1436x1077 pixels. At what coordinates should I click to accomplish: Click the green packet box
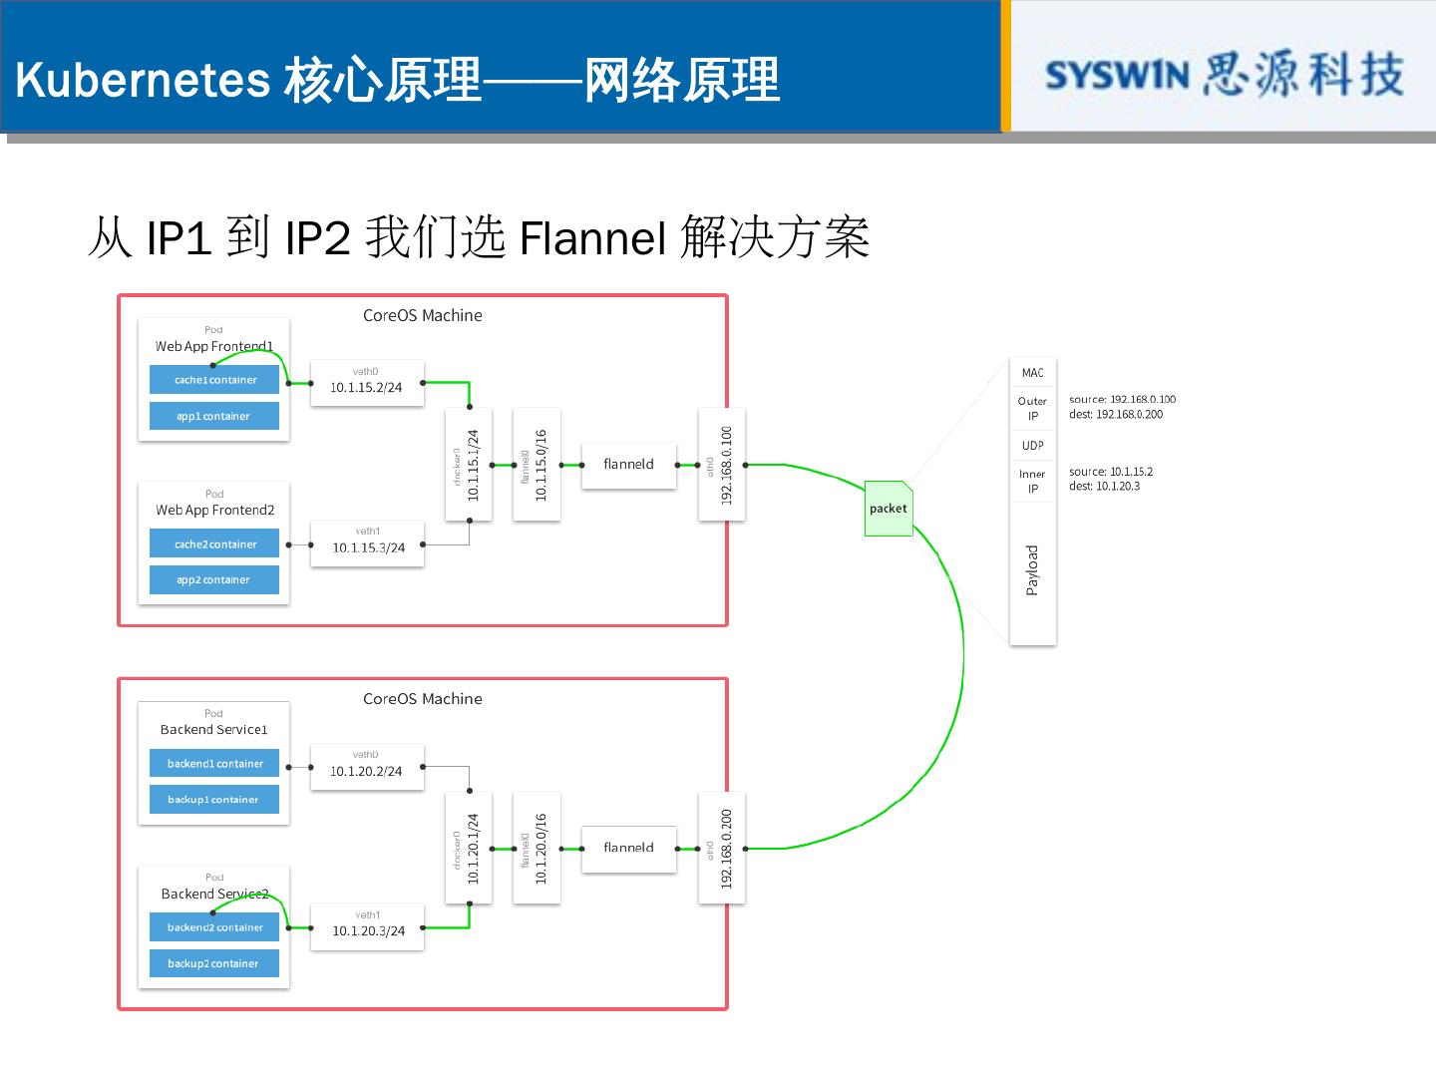(x=888, y=509)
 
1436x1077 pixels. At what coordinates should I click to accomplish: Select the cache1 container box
(x=214, y=380)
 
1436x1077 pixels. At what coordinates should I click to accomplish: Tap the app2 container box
(x=214, y=579)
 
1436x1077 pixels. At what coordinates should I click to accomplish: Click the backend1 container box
(x=214, y=764)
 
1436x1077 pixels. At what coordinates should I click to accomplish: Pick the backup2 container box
(x=214, y=963)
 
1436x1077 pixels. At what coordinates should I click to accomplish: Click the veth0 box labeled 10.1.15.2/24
(x=367, y=383)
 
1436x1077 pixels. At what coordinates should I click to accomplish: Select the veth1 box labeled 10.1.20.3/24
(x=367, y=926)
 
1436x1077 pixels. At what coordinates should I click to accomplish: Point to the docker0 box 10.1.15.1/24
(x=469, y=465)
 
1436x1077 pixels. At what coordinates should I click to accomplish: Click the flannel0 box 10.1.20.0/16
(x=537, y=848)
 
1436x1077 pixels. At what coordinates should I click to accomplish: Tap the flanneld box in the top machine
(x=628, y=465)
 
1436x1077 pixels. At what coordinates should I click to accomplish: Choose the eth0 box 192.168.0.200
(x=722, y=848)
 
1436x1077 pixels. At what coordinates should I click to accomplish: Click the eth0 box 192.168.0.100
(x=722, y=465)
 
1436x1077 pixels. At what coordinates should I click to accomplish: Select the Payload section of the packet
(x=1032, y=571)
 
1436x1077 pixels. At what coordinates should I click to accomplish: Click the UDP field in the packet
(x=1032, y=446)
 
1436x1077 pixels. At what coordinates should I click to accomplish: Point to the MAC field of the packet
(x=1032, y=373)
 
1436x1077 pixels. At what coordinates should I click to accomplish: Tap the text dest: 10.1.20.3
(x=1104, y=487)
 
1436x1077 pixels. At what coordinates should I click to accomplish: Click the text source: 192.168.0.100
(x=1122, y=399)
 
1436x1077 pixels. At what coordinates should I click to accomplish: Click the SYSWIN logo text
(x=1117, y=76)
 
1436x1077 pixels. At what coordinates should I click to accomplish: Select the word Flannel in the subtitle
(x=592, y=239)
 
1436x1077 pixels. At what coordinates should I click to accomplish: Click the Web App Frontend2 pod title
(x=214, y=510)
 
